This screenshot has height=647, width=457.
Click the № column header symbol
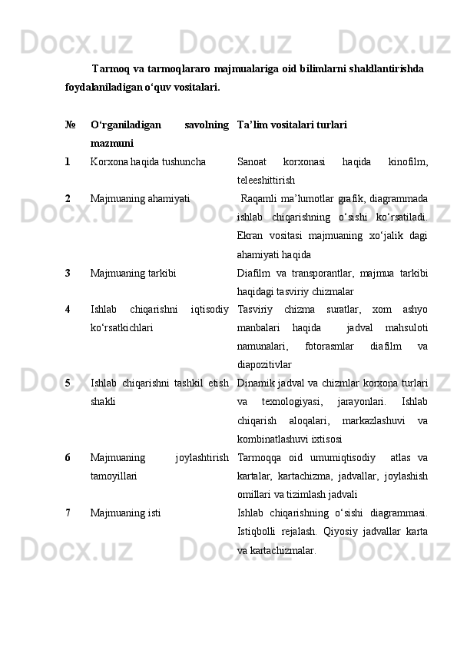(x=69, y=123)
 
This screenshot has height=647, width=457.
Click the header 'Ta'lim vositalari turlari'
(x=292, y=123)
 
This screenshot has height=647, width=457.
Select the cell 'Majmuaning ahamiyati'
(x=140, y=198)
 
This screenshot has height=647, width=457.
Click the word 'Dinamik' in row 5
(x=257, y=383)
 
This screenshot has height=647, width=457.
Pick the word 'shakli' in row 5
(x=103, y=401)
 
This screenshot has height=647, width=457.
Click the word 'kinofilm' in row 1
(x=408, y=162)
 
